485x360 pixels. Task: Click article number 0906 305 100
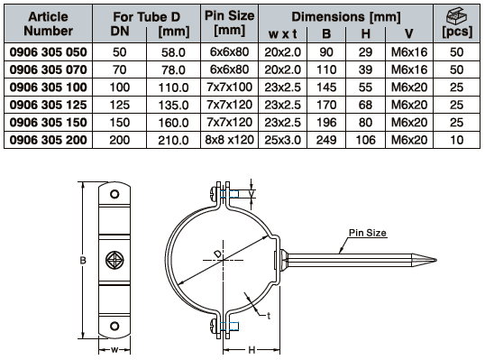tap(49, 88)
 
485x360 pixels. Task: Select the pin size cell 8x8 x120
tap(229, 140)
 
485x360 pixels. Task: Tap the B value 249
tap(326, 140)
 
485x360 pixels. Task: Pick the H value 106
tap(366, 140)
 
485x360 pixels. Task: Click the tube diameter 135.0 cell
tap(173, 106)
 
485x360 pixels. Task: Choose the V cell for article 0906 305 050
tap(409, 52)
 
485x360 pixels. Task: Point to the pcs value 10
tap(456, 140)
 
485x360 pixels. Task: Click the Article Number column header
tap(49, 23)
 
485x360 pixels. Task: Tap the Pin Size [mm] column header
tap(230, 23)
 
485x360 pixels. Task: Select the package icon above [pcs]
tap(456, 15)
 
